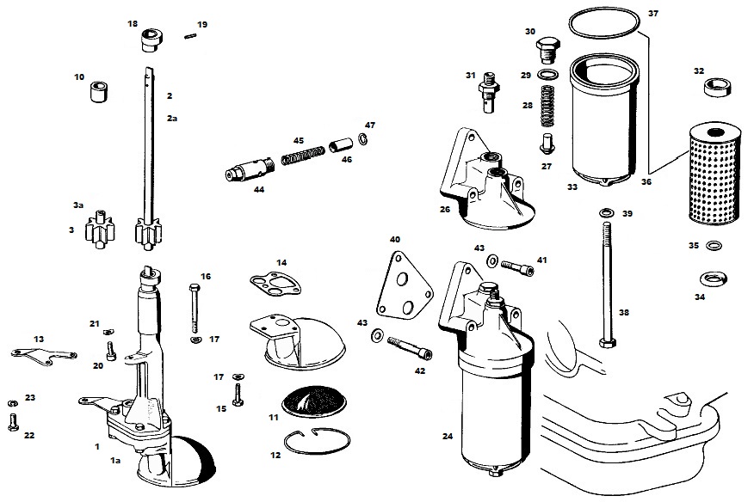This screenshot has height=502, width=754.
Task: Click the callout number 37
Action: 652,14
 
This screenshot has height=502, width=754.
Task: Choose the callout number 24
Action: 448,436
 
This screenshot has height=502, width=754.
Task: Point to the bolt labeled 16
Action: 195,305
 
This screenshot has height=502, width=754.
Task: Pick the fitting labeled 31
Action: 491,90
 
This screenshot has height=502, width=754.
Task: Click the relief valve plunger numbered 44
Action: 246,168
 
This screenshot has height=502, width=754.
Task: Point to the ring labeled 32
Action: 714,88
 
